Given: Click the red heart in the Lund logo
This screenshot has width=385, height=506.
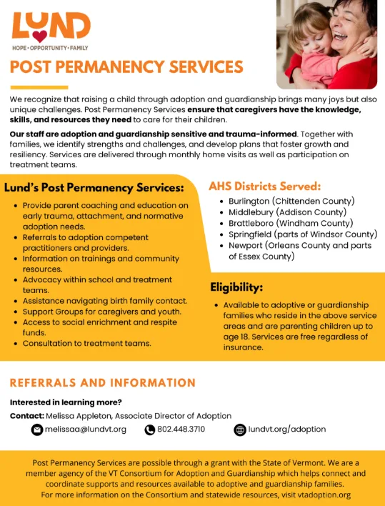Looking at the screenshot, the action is [40, 36].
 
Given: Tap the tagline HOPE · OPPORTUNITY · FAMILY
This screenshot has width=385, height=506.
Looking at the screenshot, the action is [50, 48].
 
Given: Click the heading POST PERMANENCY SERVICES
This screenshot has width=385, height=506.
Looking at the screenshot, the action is [126, 66].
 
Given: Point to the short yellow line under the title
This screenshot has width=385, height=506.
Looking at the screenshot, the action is [39, 87].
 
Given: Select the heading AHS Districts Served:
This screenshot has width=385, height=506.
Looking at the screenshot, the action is [265, 187].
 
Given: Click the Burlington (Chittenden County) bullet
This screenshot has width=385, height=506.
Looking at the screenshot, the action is [291, 201].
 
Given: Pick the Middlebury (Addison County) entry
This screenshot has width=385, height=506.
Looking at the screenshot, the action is [287, 212].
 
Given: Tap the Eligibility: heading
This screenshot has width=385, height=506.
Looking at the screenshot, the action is [236, 287].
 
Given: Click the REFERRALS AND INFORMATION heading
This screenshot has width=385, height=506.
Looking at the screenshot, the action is [103, 383].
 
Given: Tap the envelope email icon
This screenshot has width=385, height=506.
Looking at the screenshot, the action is [37, 430].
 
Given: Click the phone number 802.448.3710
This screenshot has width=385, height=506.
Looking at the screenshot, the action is [181, 430].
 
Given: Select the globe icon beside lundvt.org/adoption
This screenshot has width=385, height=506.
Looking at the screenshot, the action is [240, 430].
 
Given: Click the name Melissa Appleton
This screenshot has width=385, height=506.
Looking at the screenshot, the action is [79, 416].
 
